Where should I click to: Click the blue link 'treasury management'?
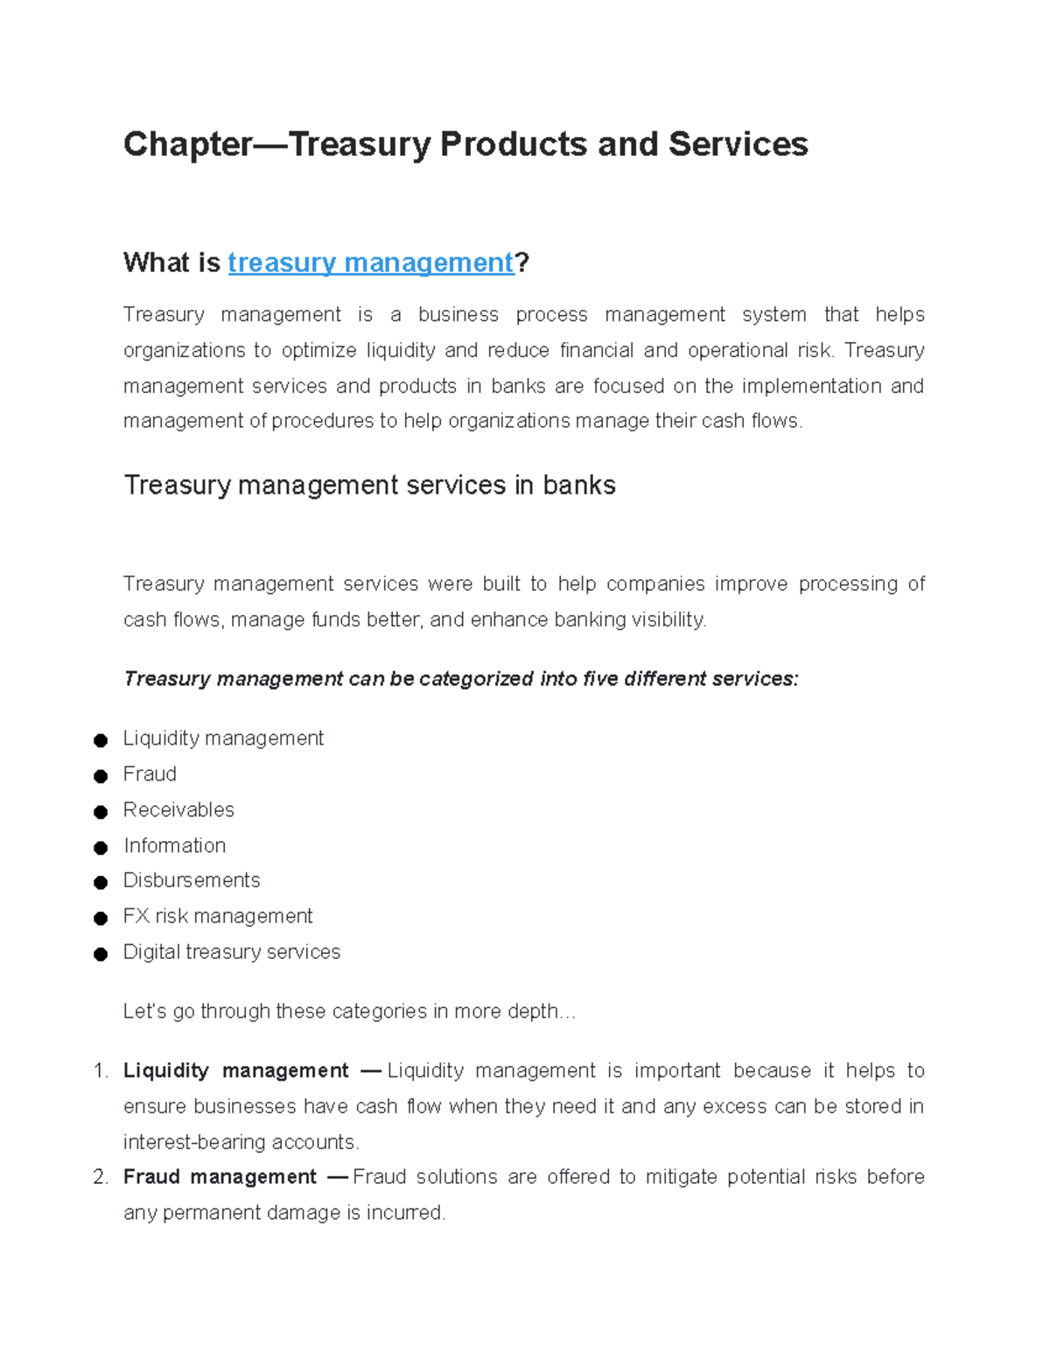(x=370, y=263)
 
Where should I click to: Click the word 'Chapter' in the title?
(x=187, y=144)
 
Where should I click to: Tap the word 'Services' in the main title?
(x=738, y=144)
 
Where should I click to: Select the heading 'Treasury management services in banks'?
(x=369, y=485)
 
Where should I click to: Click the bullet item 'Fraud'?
(x=150, y=774)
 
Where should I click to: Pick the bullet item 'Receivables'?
(x=178, y=810)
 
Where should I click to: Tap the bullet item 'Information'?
(x=174, y=846)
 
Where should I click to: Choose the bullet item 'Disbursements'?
(x=192, y=880)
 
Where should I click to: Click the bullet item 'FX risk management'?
(x=218, y=916)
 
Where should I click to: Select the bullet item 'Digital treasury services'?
(x=232, y=952)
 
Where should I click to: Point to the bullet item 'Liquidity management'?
(x=223, y=739)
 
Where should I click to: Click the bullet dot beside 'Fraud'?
(x=101, y=776)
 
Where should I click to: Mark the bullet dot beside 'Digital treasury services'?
(x=101, y=954)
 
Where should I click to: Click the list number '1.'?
(x=100, y=1071)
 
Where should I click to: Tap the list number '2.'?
(x=100, y=1177)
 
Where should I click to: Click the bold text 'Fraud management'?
(x=220, y=1177)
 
